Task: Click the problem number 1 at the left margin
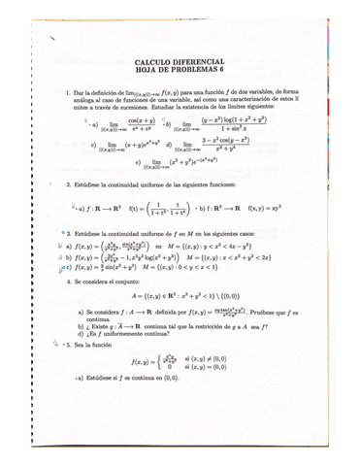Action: pos(65,94)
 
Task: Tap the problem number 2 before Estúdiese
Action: pos(66,183)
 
